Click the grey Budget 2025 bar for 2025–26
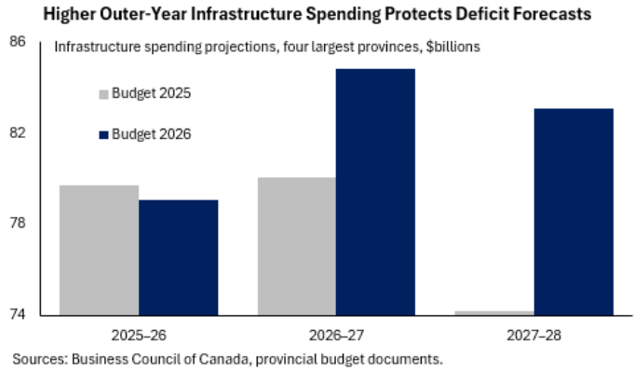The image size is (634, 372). click(x=100, y=249)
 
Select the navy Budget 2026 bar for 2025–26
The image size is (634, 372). click(x=179, y=256)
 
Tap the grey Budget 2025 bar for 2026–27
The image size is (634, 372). click(x=296, y=245)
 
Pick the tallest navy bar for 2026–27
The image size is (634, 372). click(x=375, y=191)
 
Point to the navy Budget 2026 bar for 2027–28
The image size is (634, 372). click(x=573, y=211)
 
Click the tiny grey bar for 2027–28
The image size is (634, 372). click(x=494, y=312)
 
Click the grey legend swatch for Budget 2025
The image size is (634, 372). click(x=104, y=93)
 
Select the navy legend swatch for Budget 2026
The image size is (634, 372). click(x=104, y=134)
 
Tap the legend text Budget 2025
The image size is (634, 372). click(x=151, y=93)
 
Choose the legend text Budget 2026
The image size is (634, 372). click(x=151, y=134)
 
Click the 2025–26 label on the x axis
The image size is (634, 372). click(x=139, y=332)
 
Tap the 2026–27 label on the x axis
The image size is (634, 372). click(x=336, y=332)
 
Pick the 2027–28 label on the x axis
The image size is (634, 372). click(x=533, y=332)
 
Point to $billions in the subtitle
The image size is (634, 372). click(x=449, y=47)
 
